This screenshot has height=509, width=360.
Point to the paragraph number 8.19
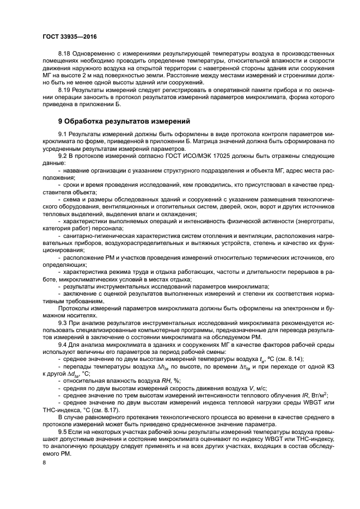[x=64, y=88]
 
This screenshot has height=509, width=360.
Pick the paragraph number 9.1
[x=62, y=133]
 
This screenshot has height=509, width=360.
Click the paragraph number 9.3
[x=62, y=323]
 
